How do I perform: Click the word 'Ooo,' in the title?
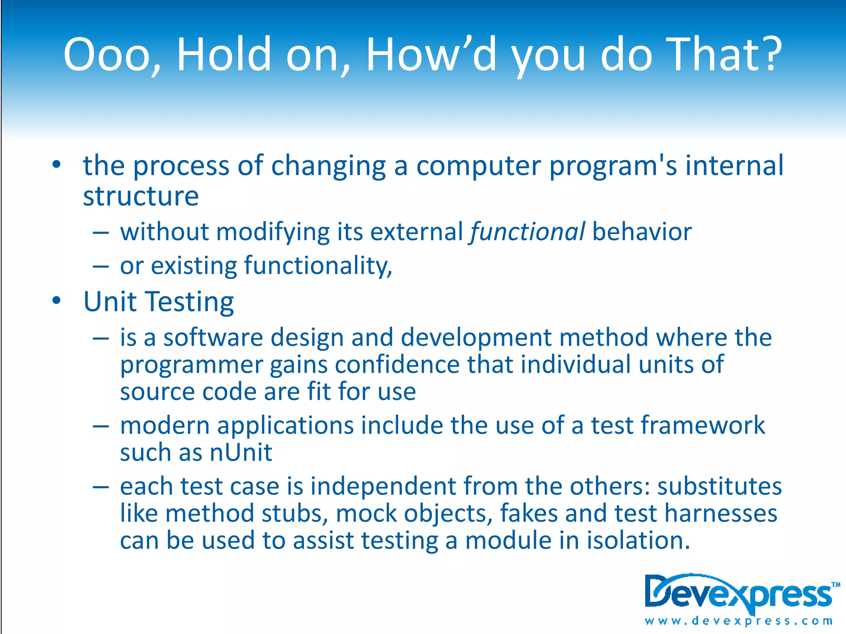click(x=112, y=55)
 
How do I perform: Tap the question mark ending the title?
click(x=767, y=54)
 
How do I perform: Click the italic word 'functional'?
click(x=527, y=232)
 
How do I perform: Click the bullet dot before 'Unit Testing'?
click(x=57, y=300)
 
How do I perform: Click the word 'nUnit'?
click(x=241, y=452)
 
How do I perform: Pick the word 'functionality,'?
click(x=318, y=266)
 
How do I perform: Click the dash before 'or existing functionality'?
click(x=101, y=267)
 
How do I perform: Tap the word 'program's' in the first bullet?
click(x=613, y=166)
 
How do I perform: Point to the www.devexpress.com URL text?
click(x=738, y=621)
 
